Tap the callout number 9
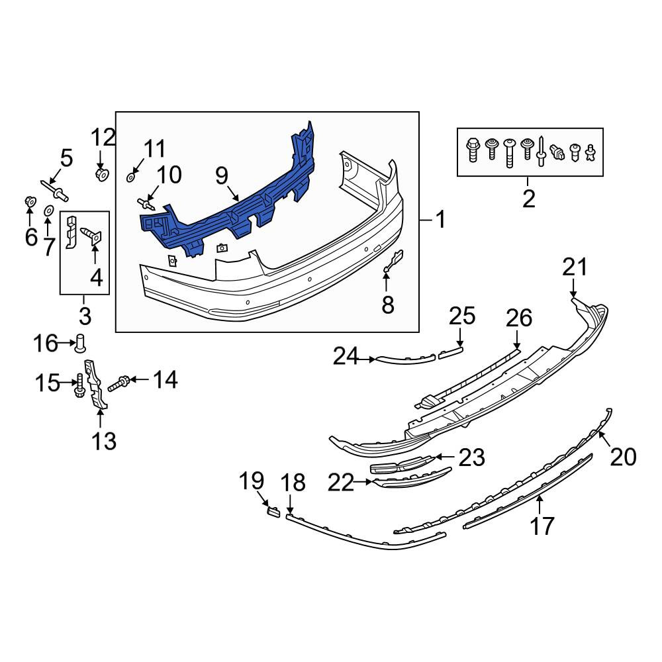tap(222, 176)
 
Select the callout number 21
tap(575, 267)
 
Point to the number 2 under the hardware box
tap(528, 199)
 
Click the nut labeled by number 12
tap(102, 174)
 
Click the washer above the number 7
tap(48, 211)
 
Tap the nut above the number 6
tap(30, 202)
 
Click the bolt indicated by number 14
tap(118, 383)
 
